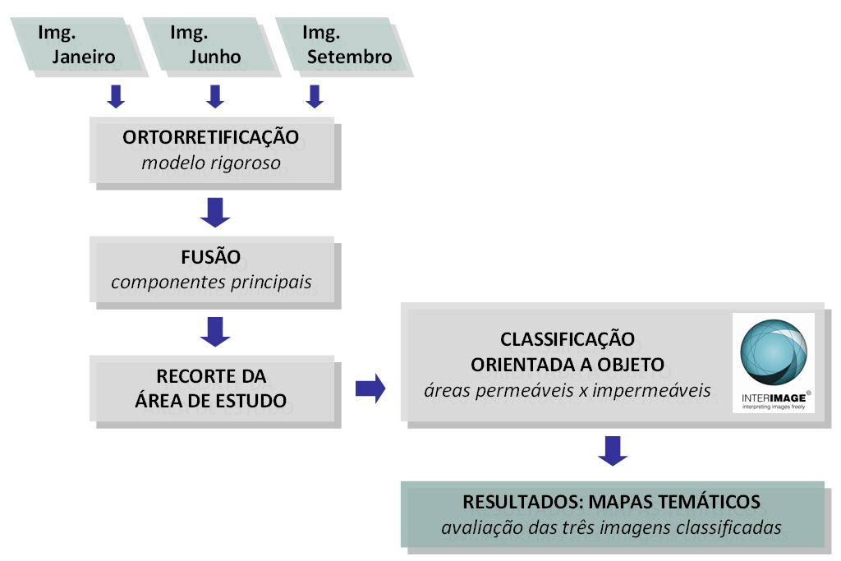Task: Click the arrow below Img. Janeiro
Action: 116,97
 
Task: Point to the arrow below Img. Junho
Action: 215,97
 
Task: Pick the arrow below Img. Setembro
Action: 314,97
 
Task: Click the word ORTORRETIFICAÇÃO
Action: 211,137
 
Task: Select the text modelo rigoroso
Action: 211,163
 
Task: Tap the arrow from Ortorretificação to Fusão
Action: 215,212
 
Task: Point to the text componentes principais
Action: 211,282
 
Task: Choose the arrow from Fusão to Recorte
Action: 215,331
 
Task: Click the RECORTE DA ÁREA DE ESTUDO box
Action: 211,389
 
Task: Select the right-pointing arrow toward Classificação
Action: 370,389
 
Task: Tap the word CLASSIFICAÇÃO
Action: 568,339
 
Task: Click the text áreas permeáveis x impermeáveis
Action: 568,390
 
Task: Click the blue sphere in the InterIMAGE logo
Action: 773,354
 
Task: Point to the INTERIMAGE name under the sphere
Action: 773,397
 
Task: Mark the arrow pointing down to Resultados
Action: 613,450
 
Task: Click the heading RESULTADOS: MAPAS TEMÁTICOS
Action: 611,502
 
